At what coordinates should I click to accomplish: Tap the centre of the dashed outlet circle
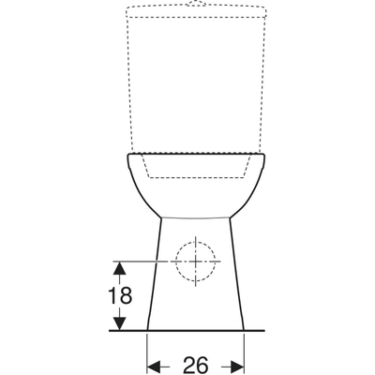[196, 259]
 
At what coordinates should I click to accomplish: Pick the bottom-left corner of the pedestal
[149, 329]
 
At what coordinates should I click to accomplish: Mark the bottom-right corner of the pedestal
[244, 329]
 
